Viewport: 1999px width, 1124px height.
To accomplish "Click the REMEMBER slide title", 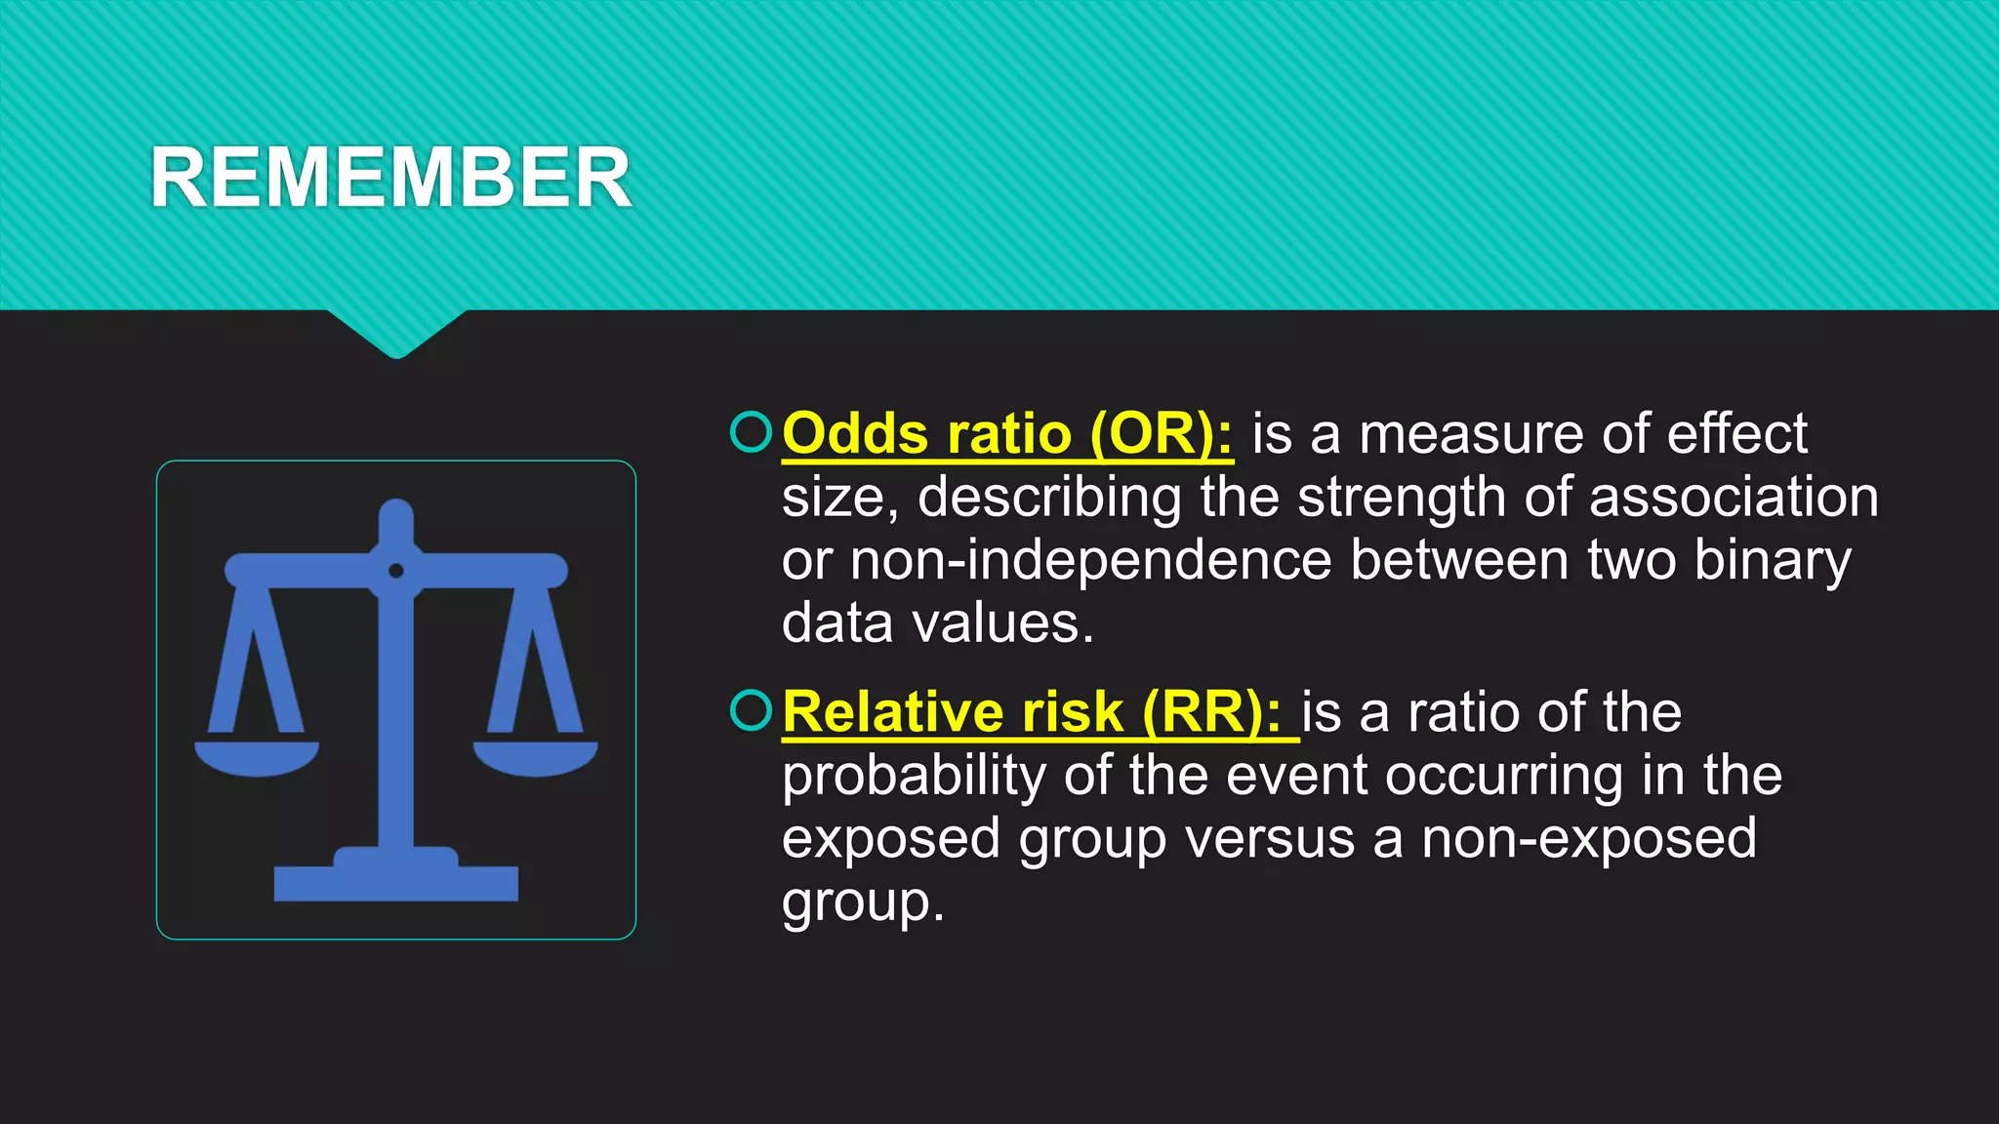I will point(390,178).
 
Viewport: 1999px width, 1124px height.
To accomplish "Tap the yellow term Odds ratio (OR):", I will point(1007,433).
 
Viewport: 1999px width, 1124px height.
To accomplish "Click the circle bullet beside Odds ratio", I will point(751,432).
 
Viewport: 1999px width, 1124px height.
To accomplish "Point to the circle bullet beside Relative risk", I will point(751,710).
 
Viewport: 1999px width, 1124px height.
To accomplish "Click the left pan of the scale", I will point(257,757).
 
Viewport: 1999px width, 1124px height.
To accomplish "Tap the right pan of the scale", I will point(535,757).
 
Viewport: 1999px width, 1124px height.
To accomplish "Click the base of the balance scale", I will point(395,880).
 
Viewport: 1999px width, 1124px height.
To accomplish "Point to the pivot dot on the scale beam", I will point(395,570).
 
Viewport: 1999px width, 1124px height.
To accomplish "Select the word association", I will point(1734,497).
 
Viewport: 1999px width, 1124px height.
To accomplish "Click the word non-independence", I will point(1090,560).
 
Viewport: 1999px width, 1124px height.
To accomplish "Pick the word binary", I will point(1772,560).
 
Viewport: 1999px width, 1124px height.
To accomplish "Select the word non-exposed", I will point(1588,838).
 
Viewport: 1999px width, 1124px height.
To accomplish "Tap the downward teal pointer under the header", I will point(396,334).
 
